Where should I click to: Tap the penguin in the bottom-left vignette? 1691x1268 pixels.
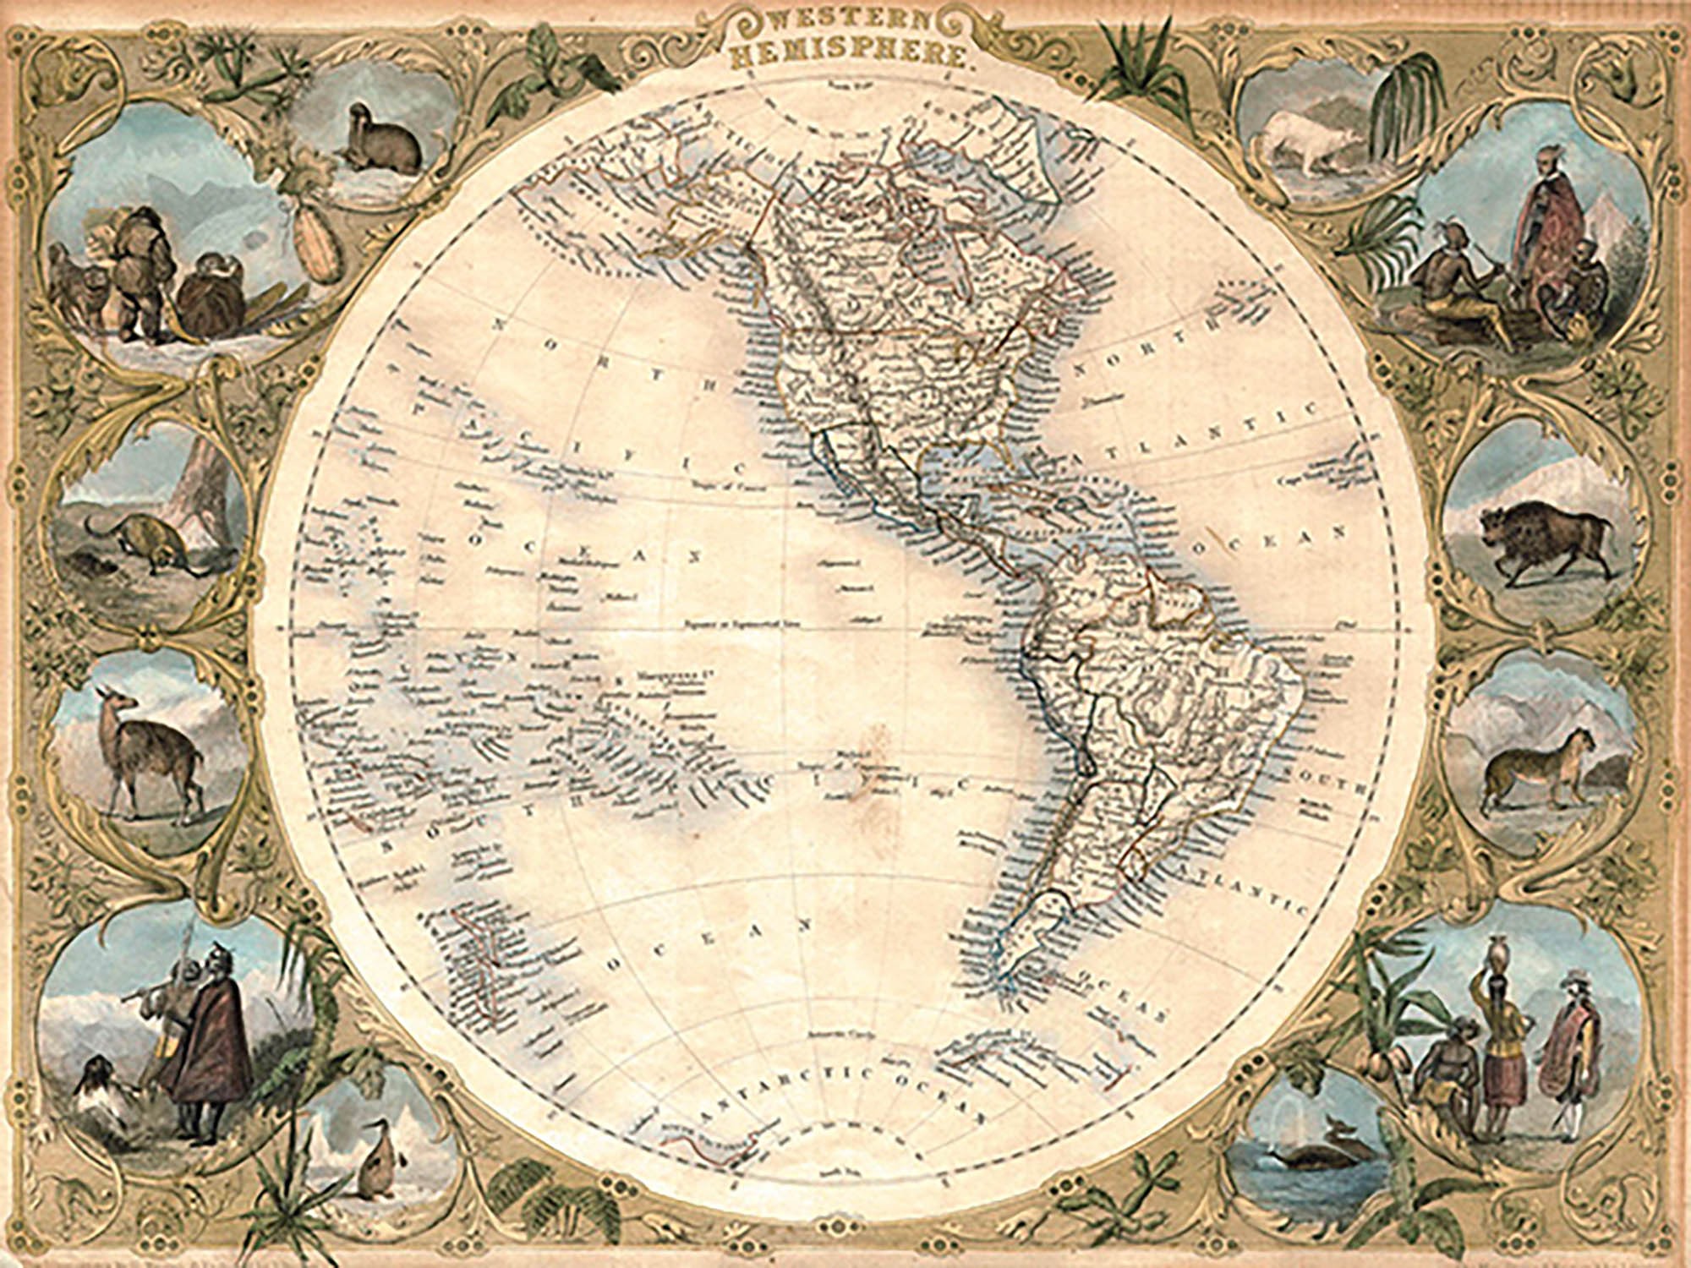click(x=372, y=1162)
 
